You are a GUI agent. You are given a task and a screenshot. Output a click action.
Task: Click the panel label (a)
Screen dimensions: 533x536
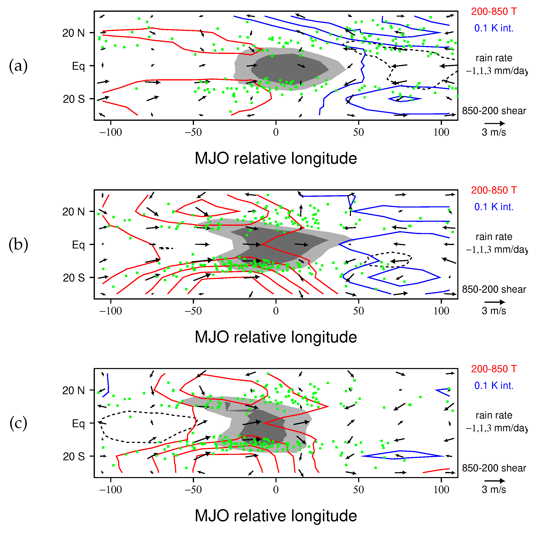[x=18, y=66]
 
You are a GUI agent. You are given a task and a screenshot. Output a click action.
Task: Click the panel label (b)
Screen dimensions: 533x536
[x=18, y=245]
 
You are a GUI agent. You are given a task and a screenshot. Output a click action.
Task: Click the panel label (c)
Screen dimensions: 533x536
[x=18, y=423]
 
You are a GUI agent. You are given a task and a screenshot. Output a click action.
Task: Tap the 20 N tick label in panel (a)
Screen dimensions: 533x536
[x=74, y=33]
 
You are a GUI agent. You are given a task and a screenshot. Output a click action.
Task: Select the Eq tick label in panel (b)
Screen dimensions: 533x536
[x=78, y=245]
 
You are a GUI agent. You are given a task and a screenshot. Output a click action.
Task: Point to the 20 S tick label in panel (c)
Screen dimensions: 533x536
[x=74, y=456]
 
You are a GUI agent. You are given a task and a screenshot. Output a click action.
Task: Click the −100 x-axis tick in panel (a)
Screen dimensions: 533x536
[x=110, y=132]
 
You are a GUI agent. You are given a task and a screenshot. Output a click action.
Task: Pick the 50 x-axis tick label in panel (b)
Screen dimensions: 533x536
[x=358, y=311]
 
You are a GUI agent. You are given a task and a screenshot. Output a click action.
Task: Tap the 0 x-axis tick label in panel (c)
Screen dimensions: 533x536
[x=276, y=489]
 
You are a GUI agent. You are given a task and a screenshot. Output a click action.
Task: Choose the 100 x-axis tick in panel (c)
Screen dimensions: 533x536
[x=441, y=489]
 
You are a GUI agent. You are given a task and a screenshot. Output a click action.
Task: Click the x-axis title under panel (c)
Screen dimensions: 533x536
[x=276, y=516]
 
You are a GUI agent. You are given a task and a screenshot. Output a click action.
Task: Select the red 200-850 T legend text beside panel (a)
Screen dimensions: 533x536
[x=494, y=11]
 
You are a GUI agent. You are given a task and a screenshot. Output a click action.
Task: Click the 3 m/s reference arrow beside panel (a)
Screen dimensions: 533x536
[x=495, y=123]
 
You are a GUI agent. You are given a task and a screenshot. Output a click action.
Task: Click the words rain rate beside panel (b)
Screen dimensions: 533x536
[x=494, y=237]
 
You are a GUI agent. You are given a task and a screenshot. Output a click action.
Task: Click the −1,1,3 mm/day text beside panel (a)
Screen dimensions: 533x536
[x=497, y=71]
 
